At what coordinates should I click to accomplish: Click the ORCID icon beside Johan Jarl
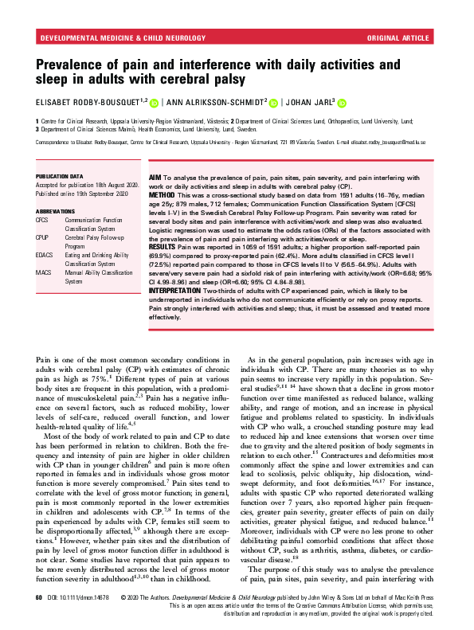pos(343,102)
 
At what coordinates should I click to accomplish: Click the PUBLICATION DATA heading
pos(59,176)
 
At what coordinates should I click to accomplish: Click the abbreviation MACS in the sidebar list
pos(45,272)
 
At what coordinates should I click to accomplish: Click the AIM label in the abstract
pos(157,176)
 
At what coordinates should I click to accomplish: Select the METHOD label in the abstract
pos(164,194)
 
